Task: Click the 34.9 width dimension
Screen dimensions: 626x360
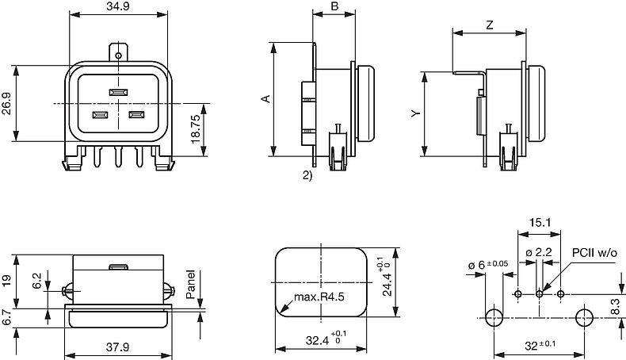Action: (119, 7)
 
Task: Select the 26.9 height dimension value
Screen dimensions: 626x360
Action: (6, 104)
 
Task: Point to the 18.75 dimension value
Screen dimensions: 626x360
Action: (196, 129)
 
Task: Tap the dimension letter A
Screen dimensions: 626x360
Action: (266, 98)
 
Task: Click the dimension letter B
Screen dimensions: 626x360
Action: (334, 6)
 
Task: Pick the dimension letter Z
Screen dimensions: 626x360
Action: (490, 25)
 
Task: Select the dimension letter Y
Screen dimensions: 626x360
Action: (416, 113)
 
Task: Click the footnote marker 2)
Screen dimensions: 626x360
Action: (307, 175)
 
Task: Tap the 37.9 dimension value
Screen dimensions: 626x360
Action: (118, 347)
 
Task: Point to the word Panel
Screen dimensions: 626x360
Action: (191, 284)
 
